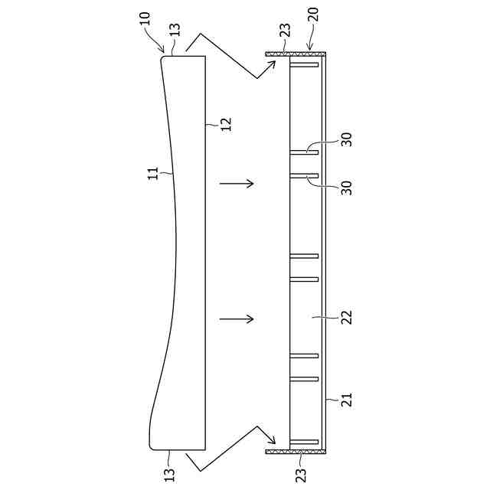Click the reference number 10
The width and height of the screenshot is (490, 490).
click(145, 18)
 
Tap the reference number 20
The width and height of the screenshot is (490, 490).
click(313, 15)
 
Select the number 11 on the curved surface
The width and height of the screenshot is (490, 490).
click(153, 174)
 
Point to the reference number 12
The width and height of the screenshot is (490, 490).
click(227, 124)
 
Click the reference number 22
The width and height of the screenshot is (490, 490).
click(346, 318)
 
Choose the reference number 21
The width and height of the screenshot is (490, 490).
click(346, 400)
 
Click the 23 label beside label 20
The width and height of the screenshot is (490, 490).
click(285, 31)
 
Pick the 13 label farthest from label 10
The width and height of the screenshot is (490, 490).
click(170, 475)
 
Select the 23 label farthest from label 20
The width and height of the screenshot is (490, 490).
click(301, 475)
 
